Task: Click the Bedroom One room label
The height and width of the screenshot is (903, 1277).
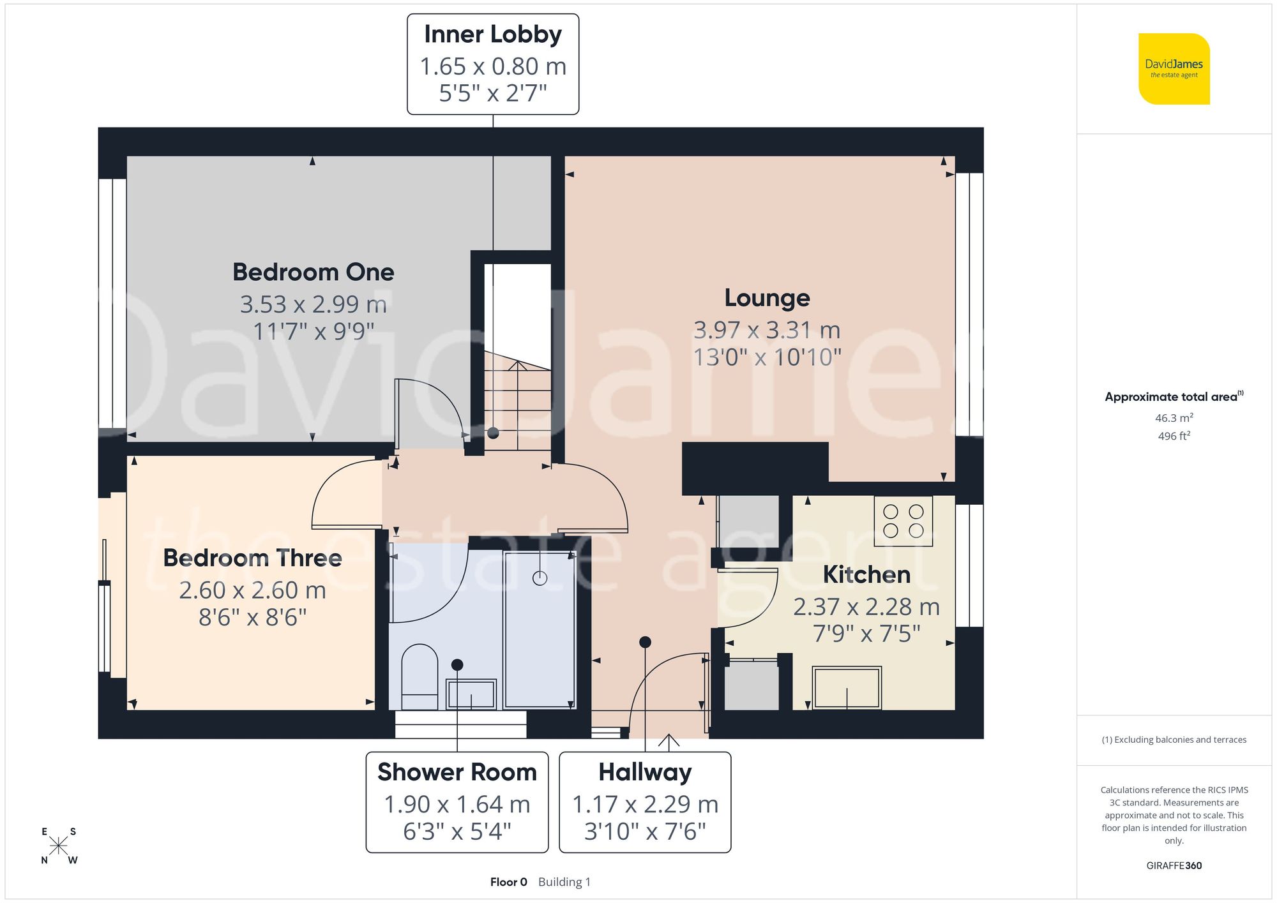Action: [313, 272]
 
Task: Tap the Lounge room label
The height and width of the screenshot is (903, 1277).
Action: [767, 298]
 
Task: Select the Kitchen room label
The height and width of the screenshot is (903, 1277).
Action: [866, 575]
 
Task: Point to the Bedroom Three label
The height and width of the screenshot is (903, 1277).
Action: [252, 558]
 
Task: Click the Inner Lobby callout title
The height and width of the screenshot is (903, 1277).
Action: [492, 34]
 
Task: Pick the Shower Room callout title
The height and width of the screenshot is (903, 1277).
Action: [457, 773]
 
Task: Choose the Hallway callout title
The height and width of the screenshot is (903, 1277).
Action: [644, 773]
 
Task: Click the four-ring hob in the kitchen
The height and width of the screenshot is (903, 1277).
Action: [903, 521]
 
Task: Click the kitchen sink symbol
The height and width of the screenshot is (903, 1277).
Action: [847, 688]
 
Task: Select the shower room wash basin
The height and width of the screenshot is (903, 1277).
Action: [471, 694]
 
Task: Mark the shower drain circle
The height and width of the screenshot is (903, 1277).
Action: [540, 579]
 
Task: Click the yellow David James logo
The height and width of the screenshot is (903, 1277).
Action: [1174, 69]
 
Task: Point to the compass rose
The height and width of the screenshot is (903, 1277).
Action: [58, 846]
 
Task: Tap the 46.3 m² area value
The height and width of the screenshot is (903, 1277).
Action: [1174, 418]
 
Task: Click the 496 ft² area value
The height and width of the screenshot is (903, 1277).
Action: [1174, 437]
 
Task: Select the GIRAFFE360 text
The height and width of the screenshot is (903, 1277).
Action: [1174, 866]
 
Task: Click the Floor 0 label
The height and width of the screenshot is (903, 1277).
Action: [508, 882]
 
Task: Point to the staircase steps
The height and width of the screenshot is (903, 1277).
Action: [517, 408]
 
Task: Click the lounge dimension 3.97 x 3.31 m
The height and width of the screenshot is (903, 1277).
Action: [767, 331]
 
